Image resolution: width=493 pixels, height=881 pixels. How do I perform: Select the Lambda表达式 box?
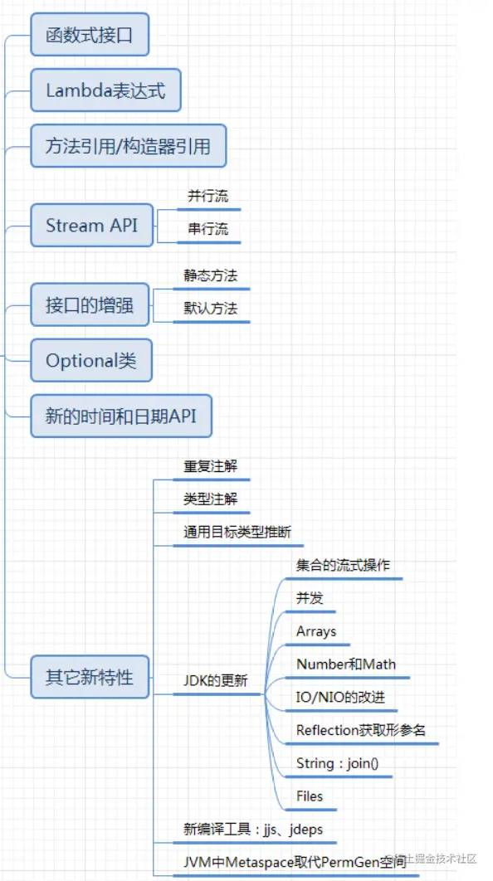105,90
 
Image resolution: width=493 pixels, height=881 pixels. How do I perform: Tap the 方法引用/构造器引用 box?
129,146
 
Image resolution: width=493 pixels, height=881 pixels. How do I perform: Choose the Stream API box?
91,226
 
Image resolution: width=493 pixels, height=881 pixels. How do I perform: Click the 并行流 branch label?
208,196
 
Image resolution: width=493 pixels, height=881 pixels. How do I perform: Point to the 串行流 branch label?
208,229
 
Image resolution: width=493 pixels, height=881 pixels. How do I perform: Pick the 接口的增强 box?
90,304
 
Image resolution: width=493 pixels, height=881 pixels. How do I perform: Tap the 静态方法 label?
211,275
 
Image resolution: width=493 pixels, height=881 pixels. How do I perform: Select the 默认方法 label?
211,308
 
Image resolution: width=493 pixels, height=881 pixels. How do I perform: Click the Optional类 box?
91,360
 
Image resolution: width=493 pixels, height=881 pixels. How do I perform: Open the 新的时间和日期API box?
121,416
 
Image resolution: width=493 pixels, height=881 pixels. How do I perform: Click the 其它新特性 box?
90,677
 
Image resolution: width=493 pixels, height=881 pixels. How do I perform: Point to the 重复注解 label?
211,466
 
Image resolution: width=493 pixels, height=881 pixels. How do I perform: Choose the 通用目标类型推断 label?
237,532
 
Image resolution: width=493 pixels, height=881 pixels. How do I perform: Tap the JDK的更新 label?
216,680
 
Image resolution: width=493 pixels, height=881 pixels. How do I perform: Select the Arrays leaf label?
316,631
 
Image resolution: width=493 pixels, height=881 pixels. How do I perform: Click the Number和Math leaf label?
346,664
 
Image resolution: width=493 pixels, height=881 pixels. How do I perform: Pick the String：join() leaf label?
342,763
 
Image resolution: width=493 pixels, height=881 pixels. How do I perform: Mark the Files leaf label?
310,796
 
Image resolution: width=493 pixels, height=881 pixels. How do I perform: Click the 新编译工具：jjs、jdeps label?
253,830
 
